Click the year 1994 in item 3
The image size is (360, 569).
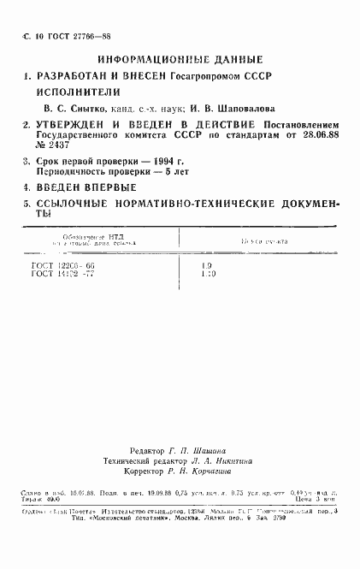pos(153,161)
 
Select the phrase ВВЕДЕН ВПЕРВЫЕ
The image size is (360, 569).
pos(86,187)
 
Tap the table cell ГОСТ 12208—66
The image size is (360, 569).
pos(64,267)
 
